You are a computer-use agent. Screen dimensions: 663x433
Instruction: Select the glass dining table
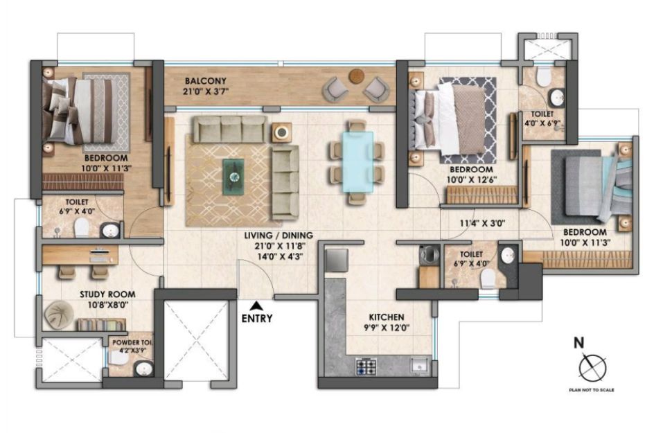point(357,162)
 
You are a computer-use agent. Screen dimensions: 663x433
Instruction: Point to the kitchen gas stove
point(366,366)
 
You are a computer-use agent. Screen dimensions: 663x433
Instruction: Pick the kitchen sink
point(419,366)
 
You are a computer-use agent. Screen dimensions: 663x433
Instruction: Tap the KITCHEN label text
point(387,317)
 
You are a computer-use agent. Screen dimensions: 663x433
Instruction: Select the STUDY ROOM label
point(107,294)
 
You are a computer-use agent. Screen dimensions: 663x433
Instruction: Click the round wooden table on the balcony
point(356,76)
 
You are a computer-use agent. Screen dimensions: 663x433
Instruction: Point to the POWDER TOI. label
point(132,342)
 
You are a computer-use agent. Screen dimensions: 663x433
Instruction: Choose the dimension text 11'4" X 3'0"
point(483,223)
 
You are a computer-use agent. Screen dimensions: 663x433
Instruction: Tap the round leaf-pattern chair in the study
point(59,314)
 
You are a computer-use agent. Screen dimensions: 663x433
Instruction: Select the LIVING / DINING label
point(279,235)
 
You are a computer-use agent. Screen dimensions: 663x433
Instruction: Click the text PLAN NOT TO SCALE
point(592,390)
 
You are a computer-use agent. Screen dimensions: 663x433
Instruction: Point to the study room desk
point(80,255)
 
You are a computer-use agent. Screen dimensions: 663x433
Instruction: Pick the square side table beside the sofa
point(281,133)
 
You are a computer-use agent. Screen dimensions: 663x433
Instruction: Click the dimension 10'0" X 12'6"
point(472,179)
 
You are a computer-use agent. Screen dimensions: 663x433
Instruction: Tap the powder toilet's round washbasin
point(144,369)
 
